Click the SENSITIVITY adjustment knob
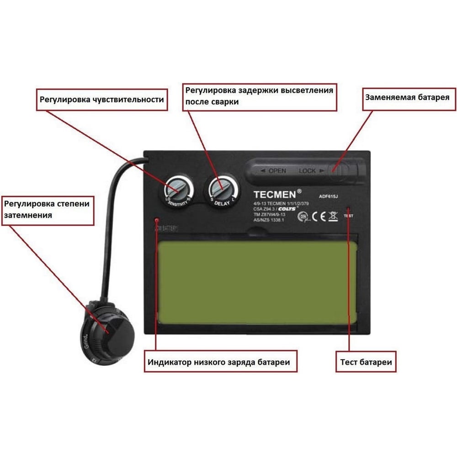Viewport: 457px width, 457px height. pyautogui.click(x=176, y=188)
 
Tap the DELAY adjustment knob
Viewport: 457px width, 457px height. pyautogui.click(x=223, y=188)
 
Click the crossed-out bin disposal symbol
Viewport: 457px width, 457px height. pyautogui.click(x=333, y=216)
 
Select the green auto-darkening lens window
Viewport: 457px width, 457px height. pyautogui.click(x=257, y=282)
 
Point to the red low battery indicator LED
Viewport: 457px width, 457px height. pyautogui.click(x=156, y=220)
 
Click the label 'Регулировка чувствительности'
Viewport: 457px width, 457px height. pyautogui.click(x=101, y=99)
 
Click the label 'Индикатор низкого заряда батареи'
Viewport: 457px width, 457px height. pyautogui.click(x=218, y=362)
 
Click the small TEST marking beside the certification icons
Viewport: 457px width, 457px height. pyautogui.click(x=348, y=215)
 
